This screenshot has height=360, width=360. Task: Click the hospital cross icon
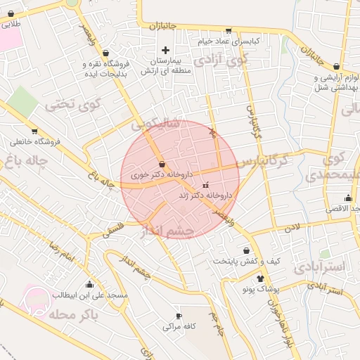166,50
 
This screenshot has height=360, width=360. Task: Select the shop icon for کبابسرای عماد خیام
228,30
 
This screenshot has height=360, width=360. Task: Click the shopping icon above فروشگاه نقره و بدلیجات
105,52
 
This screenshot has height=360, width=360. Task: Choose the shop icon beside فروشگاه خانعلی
34,131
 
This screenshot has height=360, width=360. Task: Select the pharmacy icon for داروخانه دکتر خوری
162,164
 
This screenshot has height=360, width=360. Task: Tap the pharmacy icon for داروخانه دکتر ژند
205,185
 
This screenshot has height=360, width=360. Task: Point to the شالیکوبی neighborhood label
156,124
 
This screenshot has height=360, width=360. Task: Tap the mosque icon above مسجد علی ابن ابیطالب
90,285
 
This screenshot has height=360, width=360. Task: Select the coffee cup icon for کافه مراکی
179,316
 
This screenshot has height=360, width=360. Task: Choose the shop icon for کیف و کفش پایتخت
246,250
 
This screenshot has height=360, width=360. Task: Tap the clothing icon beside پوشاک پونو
260,278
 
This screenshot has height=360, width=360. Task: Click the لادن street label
290,229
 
